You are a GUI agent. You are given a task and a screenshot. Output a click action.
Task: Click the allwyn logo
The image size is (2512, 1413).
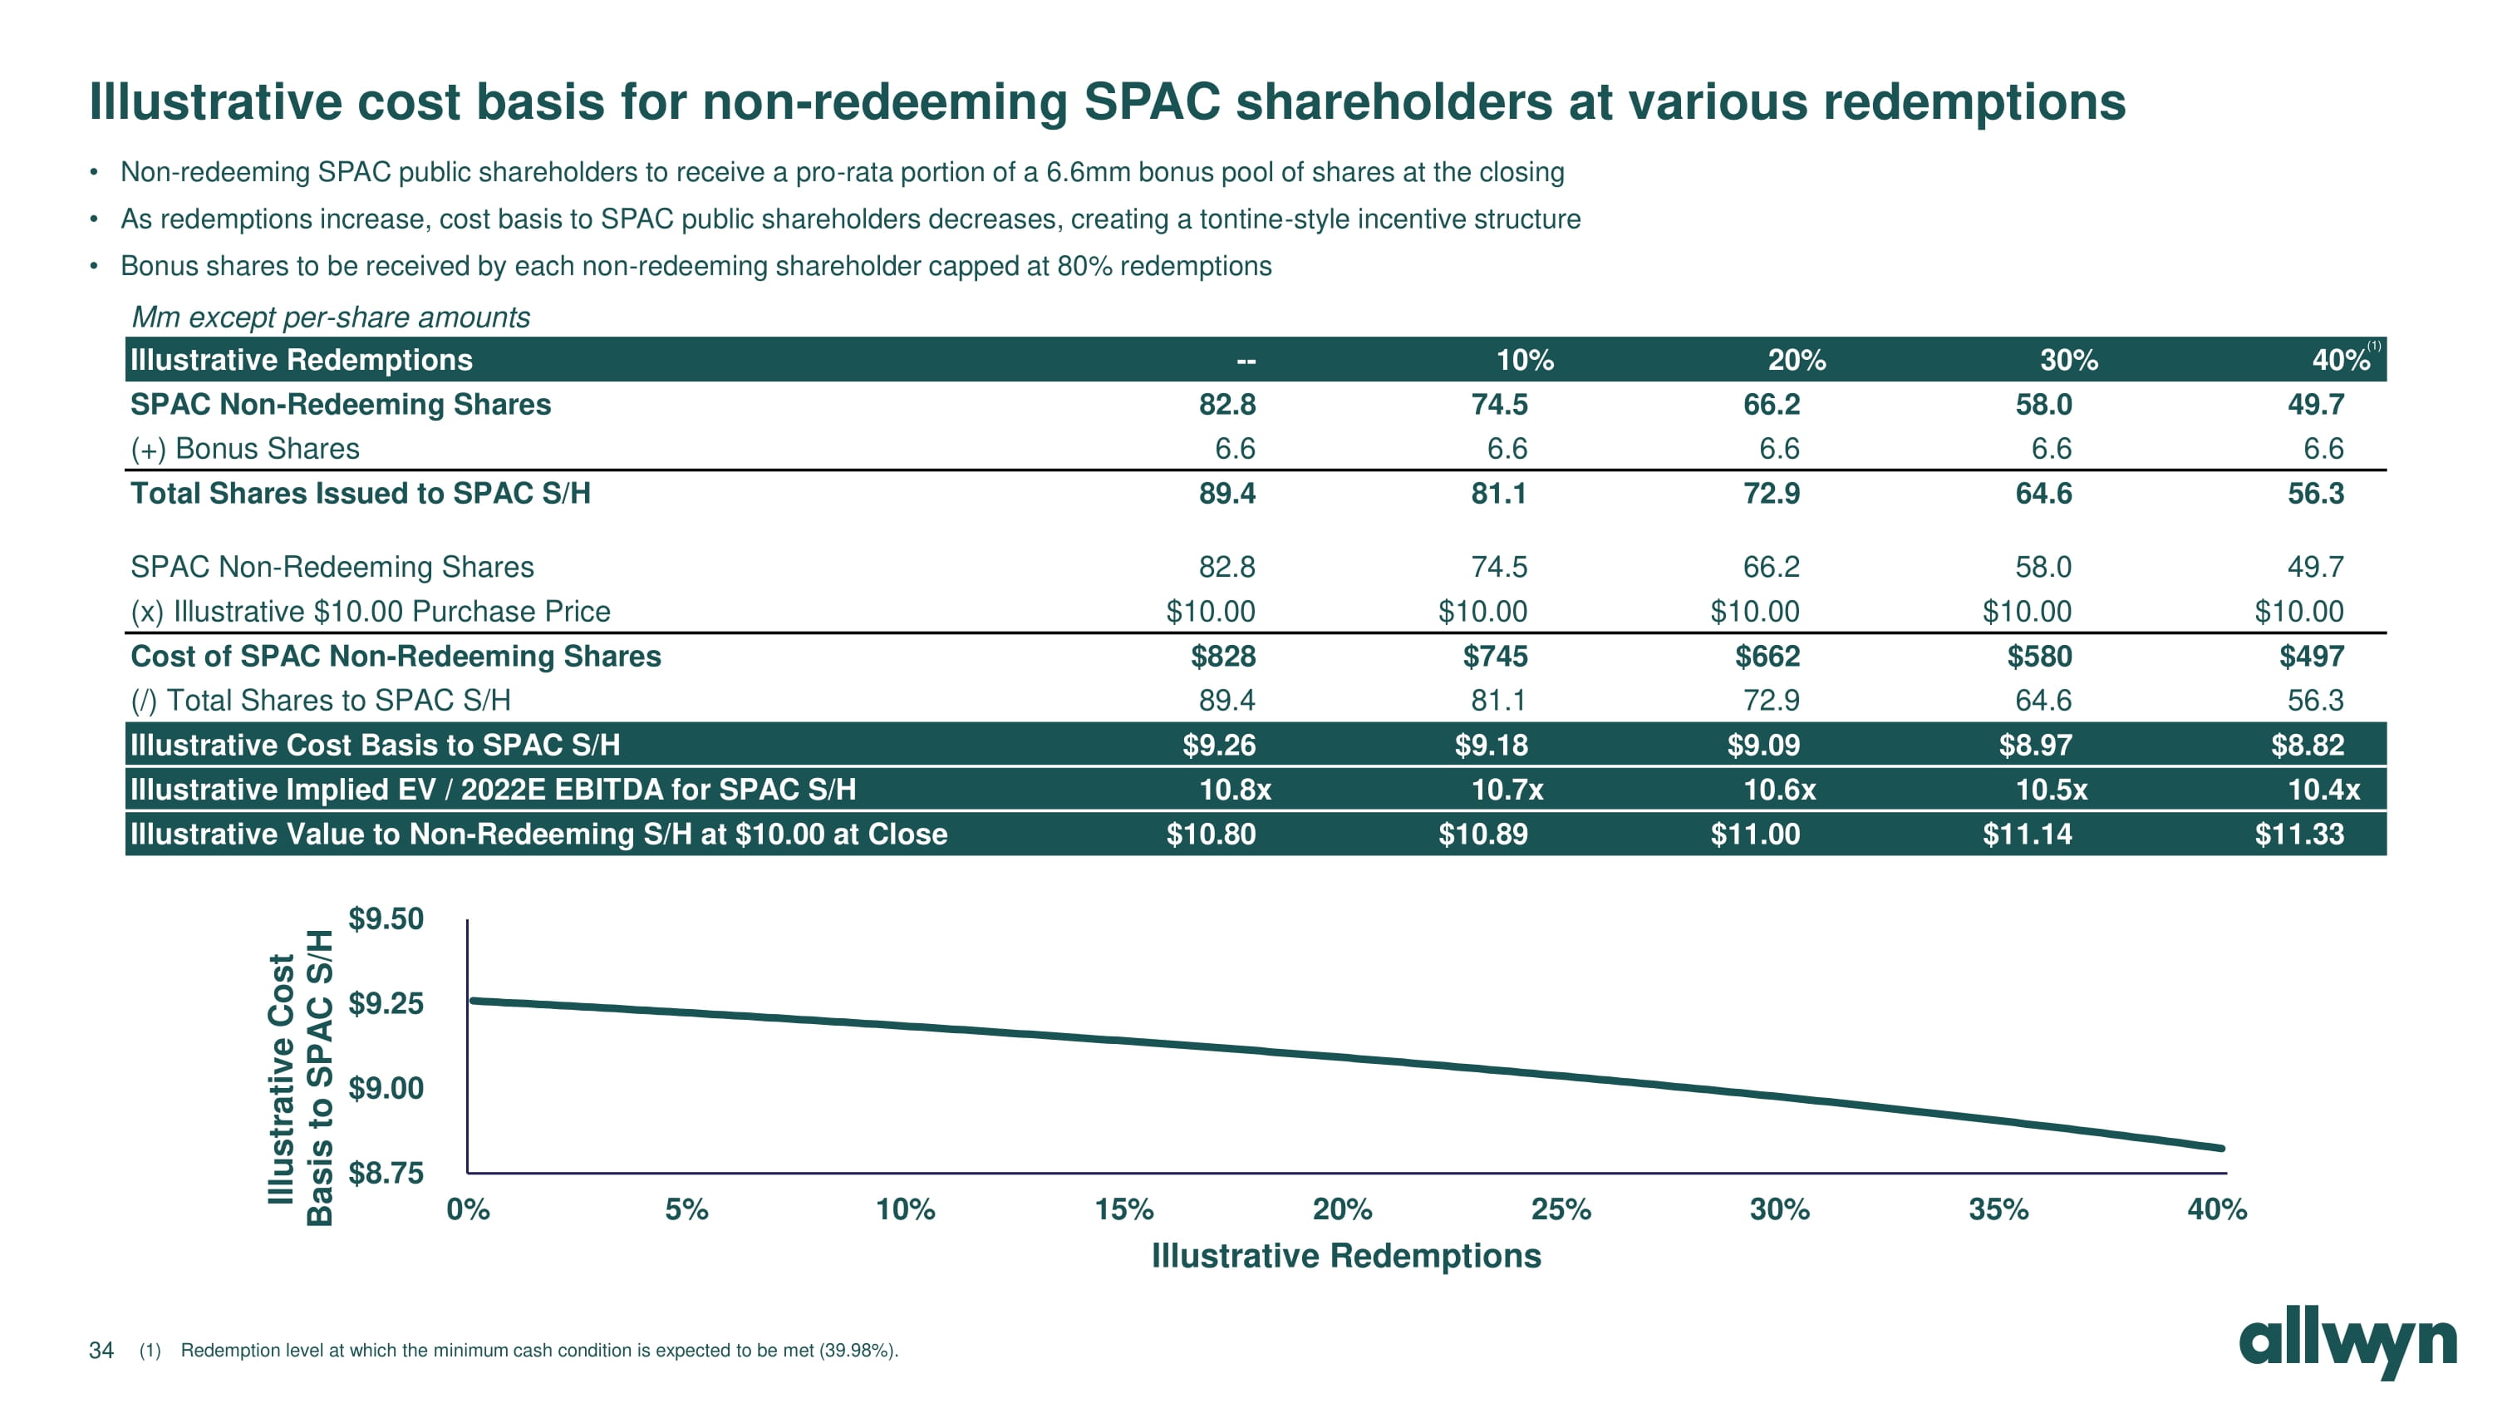pyautogui.click(x=2347, y=1346)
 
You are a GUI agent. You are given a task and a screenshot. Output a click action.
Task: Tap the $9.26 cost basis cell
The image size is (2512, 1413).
pyautogui.click(x=1219, y=745)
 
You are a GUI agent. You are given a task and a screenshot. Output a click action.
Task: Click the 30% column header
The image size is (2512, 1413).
pyautogui.click(x=2068, y=360)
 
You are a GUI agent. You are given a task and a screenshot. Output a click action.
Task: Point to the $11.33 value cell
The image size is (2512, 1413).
pyautogui.click(x=2298, y=834)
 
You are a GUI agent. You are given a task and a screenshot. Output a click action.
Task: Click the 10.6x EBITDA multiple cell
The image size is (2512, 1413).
pyautogui.click(x=1779, y=789)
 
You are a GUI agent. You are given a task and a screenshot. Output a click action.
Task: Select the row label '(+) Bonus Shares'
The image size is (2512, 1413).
pyautogui.click(x=245, y=449)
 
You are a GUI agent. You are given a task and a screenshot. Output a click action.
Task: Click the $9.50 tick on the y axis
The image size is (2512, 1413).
pyautogui.click(x=386, y=918)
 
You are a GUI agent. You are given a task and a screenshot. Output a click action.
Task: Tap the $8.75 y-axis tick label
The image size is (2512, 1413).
pyautogui.click(x=386, y=1172)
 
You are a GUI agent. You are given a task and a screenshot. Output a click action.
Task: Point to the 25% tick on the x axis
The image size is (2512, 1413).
pyautogui.click(x=1561, y=1209)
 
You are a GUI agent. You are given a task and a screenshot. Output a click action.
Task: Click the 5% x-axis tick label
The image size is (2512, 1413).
pyautogui.click(x=686, y=1209)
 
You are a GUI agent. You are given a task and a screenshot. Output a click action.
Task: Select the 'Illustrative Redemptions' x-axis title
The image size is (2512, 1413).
pyautogui.click(x=1345, y=1256)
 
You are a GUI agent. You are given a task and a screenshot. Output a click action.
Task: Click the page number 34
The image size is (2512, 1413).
pyautogui.click(x=101, y=1350)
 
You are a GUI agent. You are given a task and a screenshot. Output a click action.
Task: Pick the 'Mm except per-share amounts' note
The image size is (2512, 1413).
pyautogui.click(x=331, y=317)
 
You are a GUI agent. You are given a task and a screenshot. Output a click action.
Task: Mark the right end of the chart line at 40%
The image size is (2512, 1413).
pyautogui.click(x=2221, y=1148)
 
